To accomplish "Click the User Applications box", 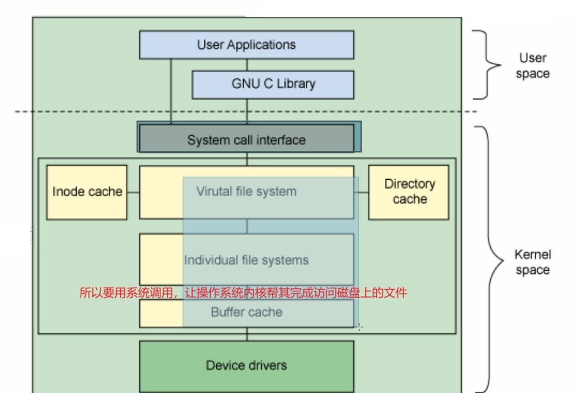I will click(246, 45).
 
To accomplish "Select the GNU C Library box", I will click(273, 84).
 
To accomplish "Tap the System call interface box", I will click(246, 139).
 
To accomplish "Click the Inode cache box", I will click(87, 192).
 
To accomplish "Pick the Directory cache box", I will click(409, 192).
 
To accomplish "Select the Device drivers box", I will click(246, 366).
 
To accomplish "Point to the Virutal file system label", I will click(246, 192).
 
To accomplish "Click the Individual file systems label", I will click(246, 260).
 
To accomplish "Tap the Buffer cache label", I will click(246, 312).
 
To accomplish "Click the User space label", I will click(532, 66).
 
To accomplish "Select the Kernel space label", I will click(532, 262).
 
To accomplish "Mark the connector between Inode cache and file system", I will click(133, 192).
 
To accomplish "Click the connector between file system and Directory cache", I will click(361, 192).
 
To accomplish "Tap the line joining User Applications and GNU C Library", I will click(247, 65).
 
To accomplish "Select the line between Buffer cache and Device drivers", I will click(247, 334).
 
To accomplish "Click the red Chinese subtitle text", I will click(243, 293).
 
